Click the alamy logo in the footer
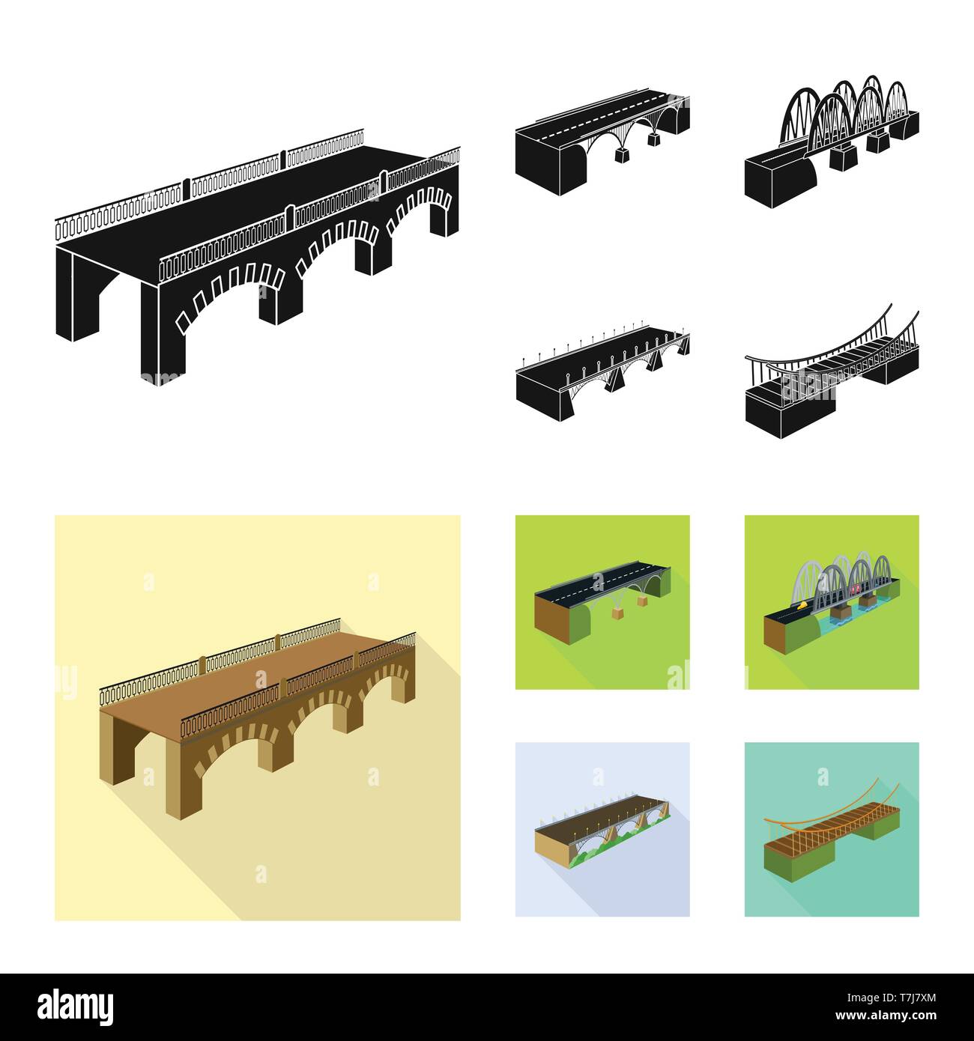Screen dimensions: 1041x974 [76, 1005]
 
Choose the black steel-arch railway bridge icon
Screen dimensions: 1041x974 [831, 139]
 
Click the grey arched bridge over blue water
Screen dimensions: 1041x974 [831, 599]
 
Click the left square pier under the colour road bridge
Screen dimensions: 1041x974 [618, 613]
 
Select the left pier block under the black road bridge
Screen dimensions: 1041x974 [621, 155]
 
